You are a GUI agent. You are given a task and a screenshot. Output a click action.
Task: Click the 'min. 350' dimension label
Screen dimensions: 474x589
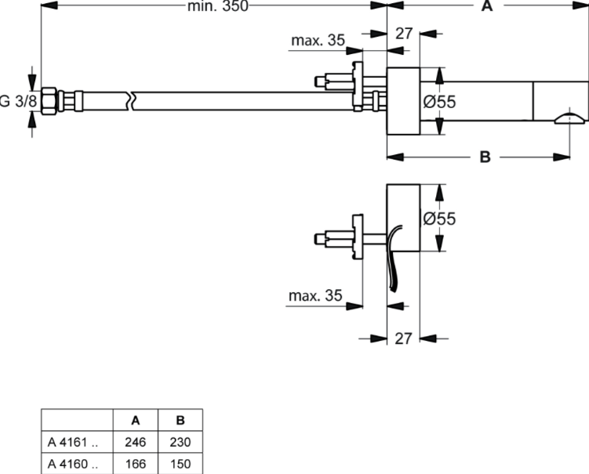[x=217, y=7]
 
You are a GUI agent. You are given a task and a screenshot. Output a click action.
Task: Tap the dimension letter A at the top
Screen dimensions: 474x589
[x=486, y=7]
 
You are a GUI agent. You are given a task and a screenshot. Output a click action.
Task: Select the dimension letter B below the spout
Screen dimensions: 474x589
[x=485, y=157]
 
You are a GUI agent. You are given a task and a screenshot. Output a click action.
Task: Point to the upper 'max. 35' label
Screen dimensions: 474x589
[x=318, y=41]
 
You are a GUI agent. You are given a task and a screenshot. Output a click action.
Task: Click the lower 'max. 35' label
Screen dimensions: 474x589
[x=315, y=295]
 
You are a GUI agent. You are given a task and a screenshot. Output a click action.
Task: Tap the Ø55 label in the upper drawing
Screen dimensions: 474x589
[x=439, y=102]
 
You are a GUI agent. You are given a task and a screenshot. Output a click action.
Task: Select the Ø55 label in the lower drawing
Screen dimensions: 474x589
[x=439, y=219]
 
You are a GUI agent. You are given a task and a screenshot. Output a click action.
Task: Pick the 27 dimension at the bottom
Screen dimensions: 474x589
[x=403, y=338]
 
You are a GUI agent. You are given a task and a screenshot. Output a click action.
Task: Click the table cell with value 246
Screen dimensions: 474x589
[x=135, y=443]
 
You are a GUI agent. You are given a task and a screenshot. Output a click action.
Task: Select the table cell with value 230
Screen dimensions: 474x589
[x=180, y=443]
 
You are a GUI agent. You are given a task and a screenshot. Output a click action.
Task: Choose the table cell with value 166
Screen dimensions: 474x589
[x=135, y=464]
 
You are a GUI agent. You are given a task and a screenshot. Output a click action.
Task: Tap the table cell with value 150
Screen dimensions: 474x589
[x=180, y=464]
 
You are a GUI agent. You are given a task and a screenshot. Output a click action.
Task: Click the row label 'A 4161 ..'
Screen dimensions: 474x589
[x=73, y=443]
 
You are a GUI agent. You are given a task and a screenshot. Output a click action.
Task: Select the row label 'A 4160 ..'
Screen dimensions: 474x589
[x=73, y=464]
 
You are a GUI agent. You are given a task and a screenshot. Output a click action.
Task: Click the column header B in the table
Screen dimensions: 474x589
[x=180, y=421]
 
